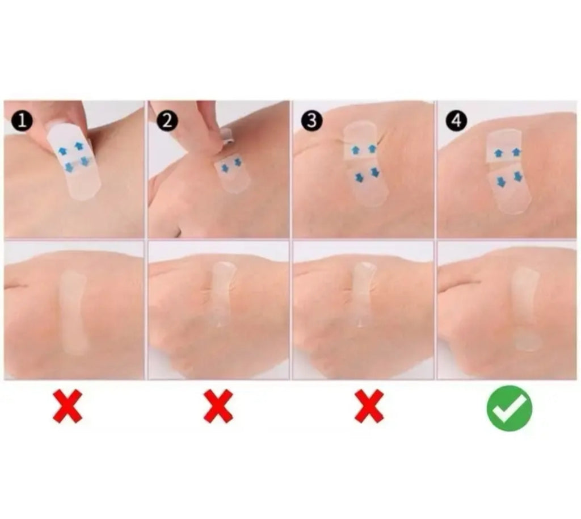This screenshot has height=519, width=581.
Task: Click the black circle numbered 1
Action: click(22, 121)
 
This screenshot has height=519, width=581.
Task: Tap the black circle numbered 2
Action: click(167, 121)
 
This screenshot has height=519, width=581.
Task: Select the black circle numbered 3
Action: click(311, 121)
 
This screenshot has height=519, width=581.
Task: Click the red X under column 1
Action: click(68, 406)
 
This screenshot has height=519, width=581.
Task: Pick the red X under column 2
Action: click(218, 406)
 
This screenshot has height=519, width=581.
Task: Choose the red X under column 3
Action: click(369, 406)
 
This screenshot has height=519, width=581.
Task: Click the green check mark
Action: click(510, 408)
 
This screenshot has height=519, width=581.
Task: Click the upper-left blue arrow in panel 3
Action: click(355, 150)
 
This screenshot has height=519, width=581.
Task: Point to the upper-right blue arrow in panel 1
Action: click(78, 146)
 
